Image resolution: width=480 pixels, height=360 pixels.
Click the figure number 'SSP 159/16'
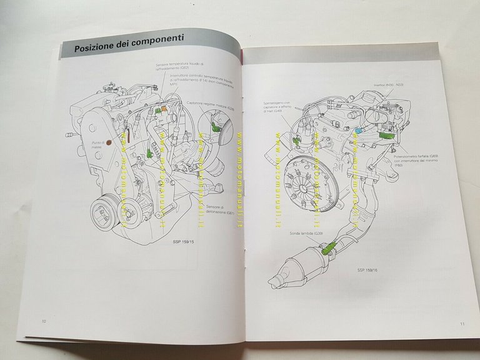(x=369, y=270)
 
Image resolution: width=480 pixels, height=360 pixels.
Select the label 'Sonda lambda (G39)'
(x=301, y=232)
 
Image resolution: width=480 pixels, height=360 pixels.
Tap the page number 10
(x=44, y=322)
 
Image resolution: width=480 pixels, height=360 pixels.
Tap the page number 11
(x=461, y=323)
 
